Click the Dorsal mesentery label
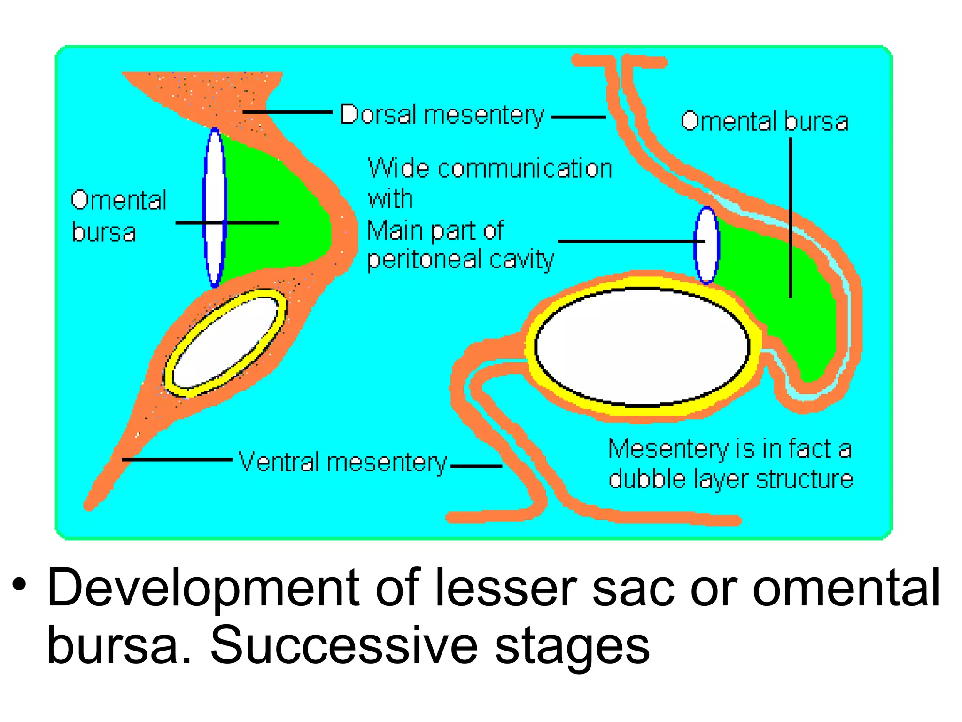coord(442,115)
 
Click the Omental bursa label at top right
coord(764,121)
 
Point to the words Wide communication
coord(489,168)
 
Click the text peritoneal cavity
coord(460,259)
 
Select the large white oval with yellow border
coord(642,346)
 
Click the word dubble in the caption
coord(647,479)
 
